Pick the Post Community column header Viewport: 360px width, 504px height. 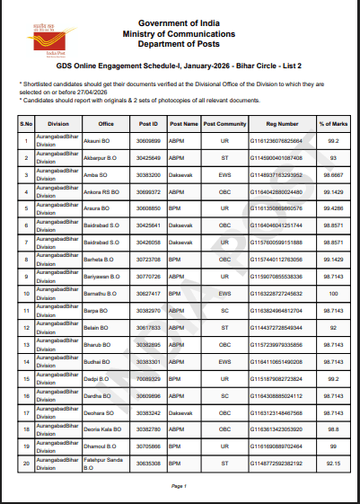[224, 123]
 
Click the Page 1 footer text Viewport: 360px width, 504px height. [180, 486]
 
